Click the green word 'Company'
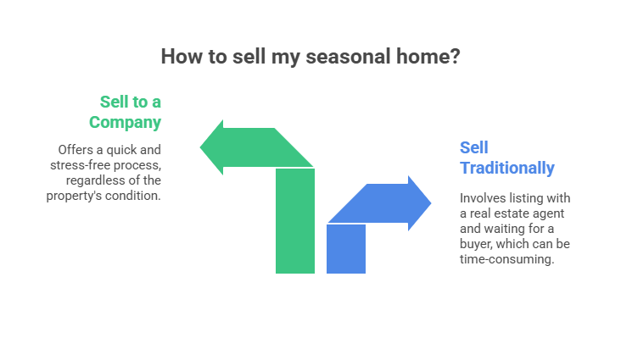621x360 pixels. point(126,123)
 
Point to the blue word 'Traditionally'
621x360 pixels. point(507,168)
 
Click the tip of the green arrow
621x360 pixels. point(200,147)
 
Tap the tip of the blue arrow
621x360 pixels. point(431,203)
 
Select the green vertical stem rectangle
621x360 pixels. point(295,221)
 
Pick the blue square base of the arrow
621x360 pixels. point(346,249)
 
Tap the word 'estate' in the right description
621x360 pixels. point(508,213)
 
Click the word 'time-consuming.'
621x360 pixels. point(507,259)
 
